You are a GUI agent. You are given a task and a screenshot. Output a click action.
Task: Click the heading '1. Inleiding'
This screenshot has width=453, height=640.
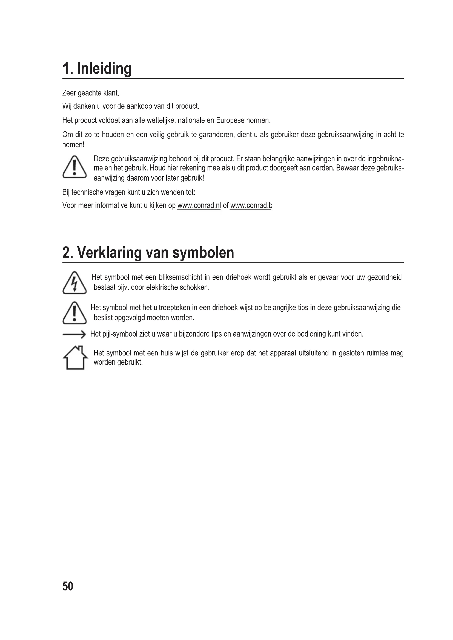(x=97, y=69)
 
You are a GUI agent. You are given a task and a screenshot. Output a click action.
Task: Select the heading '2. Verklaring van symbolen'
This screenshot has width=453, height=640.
(x=148, y=253)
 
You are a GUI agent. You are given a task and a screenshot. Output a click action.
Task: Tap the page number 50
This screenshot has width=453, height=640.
(x=68, y=586)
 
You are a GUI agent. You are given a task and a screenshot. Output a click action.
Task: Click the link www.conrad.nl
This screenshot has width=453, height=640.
(x=199, y=205)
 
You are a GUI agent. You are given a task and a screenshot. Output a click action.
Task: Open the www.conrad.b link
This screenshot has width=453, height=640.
(x=251, y=205)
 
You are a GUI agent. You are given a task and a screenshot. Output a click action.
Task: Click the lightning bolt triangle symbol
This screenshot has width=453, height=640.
(x=74, y=283)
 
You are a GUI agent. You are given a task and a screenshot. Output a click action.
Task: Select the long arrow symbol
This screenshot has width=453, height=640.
(x=74, y=334)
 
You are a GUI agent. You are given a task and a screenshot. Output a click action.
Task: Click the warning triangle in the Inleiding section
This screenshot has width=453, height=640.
(x=74, y=167)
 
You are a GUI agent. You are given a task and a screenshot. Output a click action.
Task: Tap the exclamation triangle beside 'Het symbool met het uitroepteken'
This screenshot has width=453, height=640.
(x=74, y=313)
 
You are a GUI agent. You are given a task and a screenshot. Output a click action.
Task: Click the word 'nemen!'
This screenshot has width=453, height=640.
(x=73, y=145)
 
